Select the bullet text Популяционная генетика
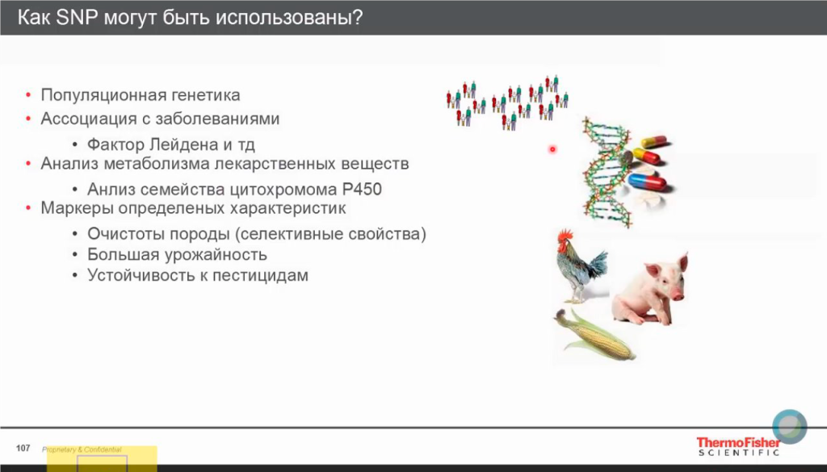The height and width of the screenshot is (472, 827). click(x=141, y=95)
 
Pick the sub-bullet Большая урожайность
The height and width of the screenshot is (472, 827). click(x=177, y=255)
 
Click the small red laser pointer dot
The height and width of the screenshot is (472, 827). click(x=552, y=149)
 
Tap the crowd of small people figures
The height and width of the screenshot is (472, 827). click(x=507, y=101)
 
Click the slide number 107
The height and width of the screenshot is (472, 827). click(x=23, y=448)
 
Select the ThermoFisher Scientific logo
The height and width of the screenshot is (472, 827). click(x=738, y=446)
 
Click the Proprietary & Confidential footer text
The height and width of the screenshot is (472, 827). click(x=82, y=449)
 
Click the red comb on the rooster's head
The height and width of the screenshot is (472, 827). click(x=564, y=235)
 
